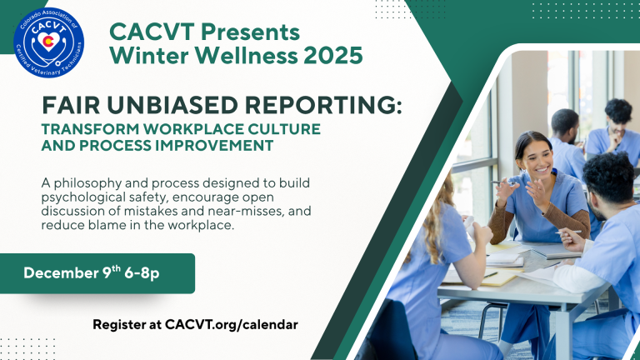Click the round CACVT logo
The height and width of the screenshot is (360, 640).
coord(48,42)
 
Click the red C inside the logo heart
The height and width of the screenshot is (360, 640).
coord(48,42)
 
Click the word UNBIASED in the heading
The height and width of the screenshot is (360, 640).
coord(172,105)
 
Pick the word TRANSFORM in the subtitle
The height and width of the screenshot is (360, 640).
coord(90,129)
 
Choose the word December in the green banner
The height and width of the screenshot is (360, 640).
coord(61,272)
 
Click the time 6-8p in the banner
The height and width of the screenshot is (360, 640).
coord(142,273)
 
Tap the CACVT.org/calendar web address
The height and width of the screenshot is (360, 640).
coord(232,325)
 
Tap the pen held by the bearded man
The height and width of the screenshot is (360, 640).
coord(567,232)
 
